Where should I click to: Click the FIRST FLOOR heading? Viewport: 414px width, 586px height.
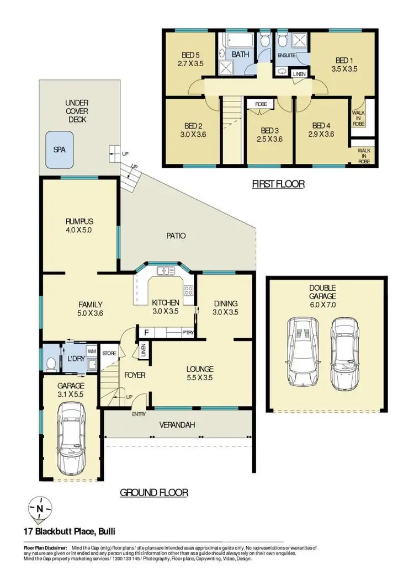(278, 184)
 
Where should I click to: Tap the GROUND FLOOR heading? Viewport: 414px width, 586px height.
(154, 492)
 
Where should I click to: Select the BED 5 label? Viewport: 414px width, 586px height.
(190, 55)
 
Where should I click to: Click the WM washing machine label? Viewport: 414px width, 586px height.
(91, 351)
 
